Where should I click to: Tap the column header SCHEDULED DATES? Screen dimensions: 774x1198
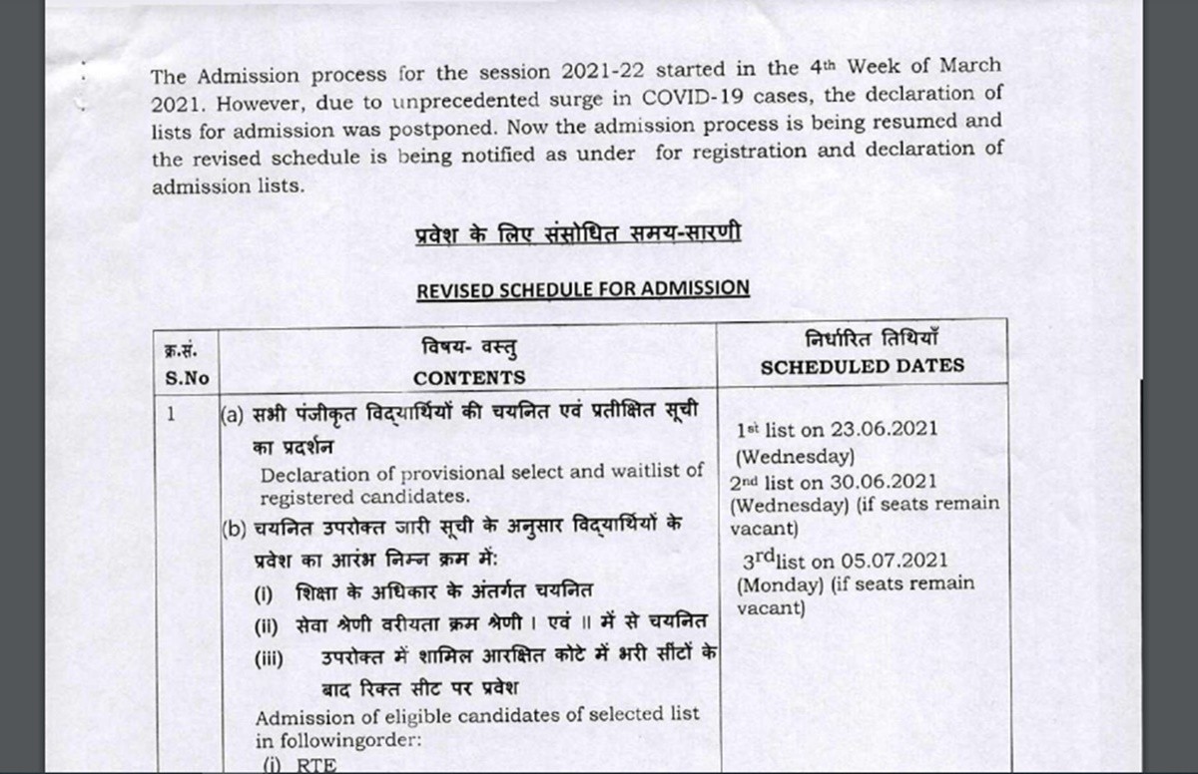click(863, 365)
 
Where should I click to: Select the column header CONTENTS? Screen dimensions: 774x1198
click(469, 378)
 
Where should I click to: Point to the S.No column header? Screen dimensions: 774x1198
click(184, 378)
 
